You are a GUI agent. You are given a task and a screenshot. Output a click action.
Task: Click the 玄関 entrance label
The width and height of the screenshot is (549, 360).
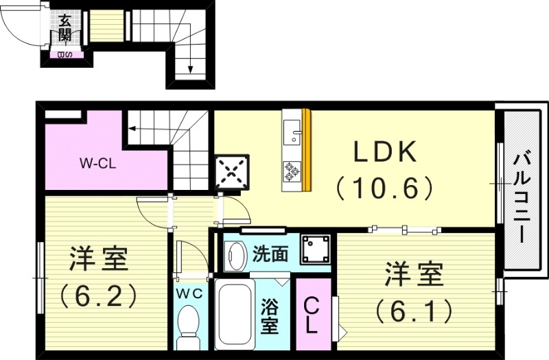[x=64, y=28]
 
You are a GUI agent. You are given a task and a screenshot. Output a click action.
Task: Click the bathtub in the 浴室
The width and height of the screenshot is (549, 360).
[x=235, y=314]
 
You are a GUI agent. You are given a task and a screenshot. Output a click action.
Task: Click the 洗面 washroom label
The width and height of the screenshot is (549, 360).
[x=270, y=254]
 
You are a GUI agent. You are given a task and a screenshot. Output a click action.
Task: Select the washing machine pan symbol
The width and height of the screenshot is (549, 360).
[x=315, y=249]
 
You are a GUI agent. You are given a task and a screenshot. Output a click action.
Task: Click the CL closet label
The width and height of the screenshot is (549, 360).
[x=311, y=315]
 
